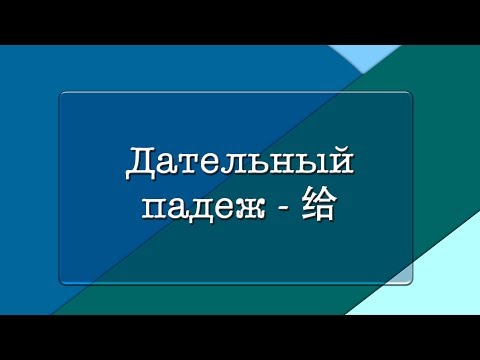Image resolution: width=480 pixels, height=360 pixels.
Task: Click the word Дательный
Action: [240, 163]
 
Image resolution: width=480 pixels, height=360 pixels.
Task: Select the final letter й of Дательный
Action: [343, 161]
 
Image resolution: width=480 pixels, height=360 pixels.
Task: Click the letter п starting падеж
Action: [154, 211]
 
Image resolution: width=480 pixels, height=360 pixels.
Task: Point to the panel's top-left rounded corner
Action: [63, 96]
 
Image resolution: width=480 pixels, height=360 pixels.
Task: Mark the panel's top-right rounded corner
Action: [409, 96]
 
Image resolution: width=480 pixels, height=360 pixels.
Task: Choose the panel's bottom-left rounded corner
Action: [63, 281]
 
